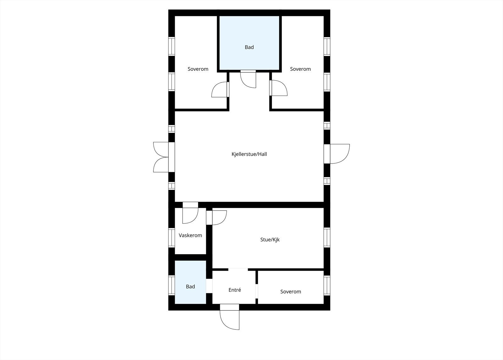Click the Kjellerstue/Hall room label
pos(249,154)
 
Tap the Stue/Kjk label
pos(270,239)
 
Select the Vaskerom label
pos(190,235)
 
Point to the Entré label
pos(235,290)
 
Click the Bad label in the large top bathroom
pos(249,47)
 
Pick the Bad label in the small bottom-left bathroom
pos(190,286)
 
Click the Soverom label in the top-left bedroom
pos(198,69)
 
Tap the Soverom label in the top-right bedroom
pos(300,69)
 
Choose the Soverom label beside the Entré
pos(290,291)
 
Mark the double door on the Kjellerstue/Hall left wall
pos(162,157)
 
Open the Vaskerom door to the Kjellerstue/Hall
pos(190,214)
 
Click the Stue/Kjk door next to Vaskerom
pos(218,217)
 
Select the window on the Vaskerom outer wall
pos(171,237)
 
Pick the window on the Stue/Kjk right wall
pos(327,238)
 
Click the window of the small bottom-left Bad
pos(171,285)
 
